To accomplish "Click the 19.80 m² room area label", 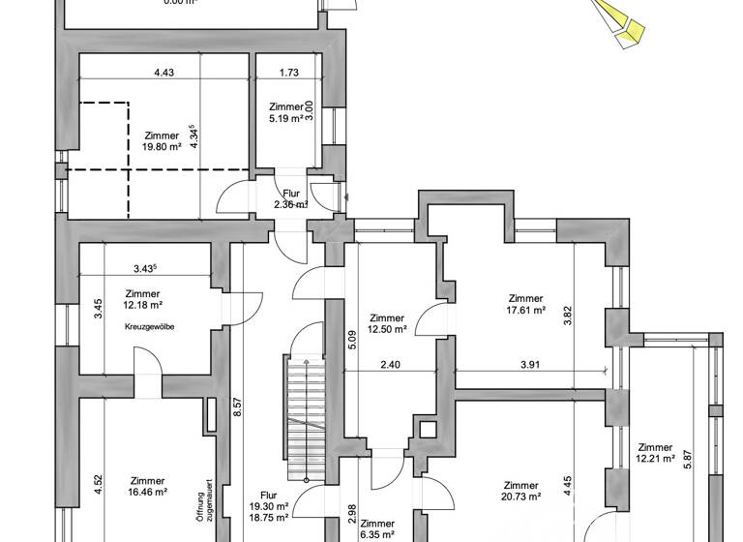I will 162,147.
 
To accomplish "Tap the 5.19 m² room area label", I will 286,118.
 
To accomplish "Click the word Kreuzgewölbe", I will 149,327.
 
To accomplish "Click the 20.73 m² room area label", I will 520,497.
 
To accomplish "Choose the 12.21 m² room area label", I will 655,459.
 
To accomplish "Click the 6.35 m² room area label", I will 376,533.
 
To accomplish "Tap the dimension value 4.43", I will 163,72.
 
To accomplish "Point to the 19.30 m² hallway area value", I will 276,506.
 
